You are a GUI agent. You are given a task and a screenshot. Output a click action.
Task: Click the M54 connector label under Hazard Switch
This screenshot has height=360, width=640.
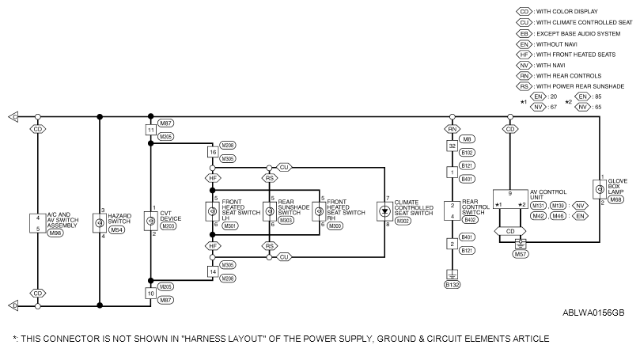pos(117,229)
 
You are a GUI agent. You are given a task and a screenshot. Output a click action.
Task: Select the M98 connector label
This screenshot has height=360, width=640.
pos(55,233)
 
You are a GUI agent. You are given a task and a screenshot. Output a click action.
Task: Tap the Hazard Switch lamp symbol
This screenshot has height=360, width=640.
pos(99,223)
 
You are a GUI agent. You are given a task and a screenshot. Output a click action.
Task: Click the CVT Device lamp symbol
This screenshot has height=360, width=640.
pos(150,222)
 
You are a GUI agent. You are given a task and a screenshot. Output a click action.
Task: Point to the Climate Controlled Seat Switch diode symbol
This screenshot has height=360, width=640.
pos(384,211)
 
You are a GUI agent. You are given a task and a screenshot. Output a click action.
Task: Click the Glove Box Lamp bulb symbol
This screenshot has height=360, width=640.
pos(600,189)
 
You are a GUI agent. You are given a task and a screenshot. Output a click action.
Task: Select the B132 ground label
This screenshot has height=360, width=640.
pos(453,285)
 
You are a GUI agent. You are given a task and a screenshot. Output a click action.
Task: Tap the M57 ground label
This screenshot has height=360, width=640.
pos(521,254)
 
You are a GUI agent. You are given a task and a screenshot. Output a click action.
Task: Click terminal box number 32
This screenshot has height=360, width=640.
pos(453,146)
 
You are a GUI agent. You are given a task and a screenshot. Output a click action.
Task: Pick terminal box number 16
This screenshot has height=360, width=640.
pos(213,152)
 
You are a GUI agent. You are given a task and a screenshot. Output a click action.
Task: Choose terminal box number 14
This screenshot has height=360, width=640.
pos(213,271)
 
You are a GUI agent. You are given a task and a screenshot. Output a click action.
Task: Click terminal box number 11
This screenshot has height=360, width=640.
pos(151,131)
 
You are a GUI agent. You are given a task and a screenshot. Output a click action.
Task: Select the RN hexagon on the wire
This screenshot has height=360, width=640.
pos(453,129)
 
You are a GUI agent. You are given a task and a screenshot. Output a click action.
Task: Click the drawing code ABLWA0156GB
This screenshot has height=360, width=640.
pos(593,313)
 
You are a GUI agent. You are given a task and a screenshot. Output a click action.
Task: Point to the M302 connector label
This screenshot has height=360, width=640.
pos(403,221)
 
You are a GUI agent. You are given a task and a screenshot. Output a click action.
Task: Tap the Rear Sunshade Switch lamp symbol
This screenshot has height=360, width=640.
pos(270,211)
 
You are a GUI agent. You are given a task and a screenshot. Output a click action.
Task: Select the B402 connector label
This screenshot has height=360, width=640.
pos(470,220)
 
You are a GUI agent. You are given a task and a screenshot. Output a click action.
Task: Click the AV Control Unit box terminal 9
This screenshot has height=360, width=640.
pos(509,194)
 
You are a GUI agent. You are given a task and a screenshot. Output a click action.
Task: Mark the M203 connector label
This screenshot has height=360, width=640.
pos(169,226)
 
